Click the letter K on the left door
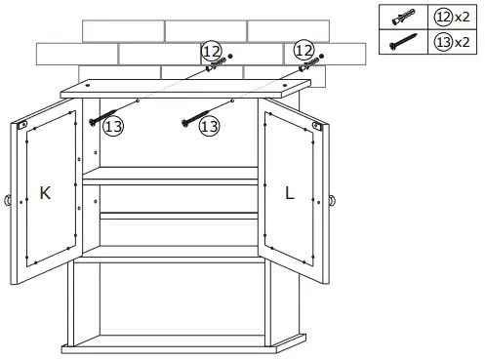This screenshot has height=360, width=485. [x=44, y=193]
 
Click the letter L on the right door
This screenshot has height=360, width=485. [x=290, y=192]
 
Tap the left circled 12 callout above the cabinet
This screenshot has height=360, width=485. [x=212, y=50]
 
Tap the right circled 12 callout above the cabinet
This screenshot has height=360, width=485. [x=303, y=49]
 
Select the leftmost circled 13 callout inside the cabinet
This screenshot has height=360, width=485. [x=113, y=125]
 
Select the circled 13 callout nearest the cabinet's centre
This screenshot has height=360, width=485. [x=207, y=126]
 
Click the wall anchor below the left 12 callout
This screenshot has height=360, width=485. [x=215, y=67]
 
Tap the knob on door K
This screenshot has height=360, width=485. [x=8, y=201]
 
